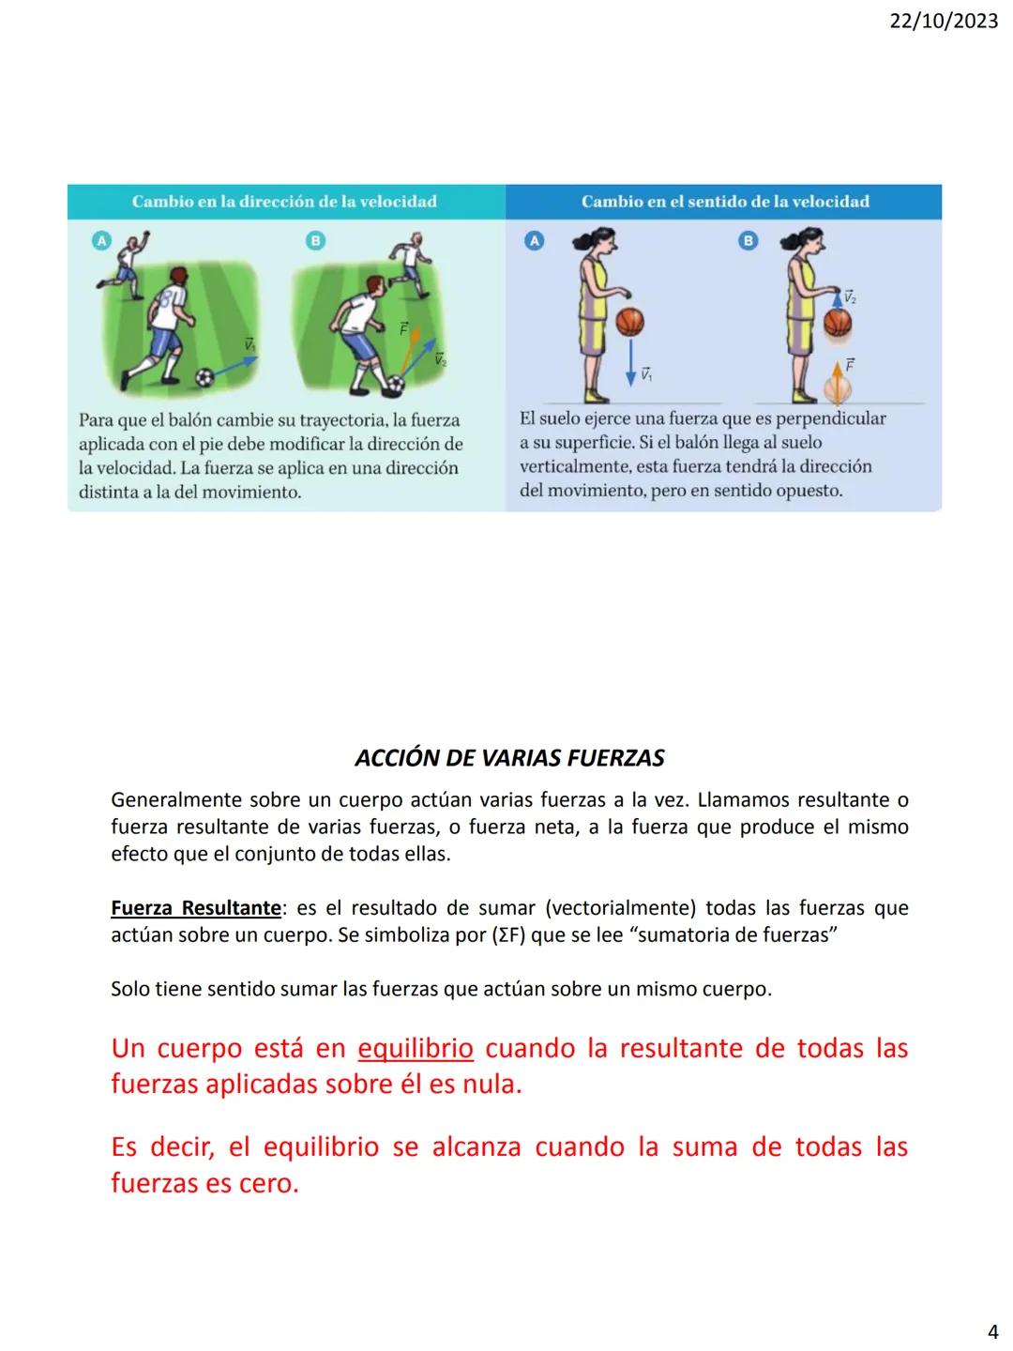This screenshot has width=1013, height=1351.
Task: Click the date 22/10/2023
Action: (x=944, y=21)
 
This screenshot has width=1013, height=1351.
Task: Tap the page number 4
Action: (x=993, y=1331)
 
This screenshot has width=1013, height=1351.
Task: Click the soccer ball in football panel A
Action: (x=205, y=377)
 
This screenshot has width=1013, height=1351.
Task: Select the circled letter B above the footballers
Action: (x=316, y=241)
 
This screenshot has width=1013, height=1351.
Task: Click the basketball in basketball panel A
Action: (x=631, y=322)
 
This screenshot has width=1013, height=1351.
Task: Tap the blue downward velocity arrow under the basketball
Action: (x=631, y=361)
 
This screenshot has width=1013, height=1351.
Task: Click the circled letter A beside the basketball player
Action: (x=534, y=241)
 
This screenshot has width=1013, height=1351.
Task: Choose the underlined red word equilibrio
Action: (x=416, y=1048)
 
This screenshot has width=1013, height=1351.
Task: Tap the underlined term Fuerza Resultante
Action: (x=195, y=908)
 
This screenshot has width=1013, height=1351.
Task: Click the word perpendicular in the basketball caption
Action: (x=830, y=418)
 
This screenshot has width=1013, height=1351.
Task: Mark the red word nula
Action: (x=489, y=1085)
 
